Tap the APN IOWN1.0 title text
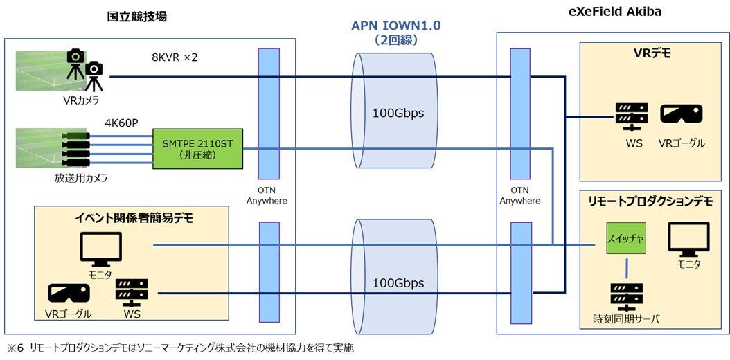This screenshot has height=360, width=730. point(397,26)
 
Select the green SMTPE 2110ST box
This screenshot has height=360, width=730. point(198,148)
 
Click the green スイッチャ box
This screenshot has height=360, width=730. point(625,238)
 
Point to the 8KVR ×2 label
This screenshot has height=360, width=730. point(175,57)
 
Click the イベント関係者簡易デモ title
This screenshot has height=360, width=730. point(134,218)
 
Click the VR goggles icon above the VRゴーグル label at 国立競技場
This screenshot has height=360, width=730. point(69,294)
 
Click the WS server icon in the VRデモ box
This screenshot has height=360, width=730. point(630,117)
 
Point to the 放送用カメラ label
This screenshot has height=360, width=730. point(81,178)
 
